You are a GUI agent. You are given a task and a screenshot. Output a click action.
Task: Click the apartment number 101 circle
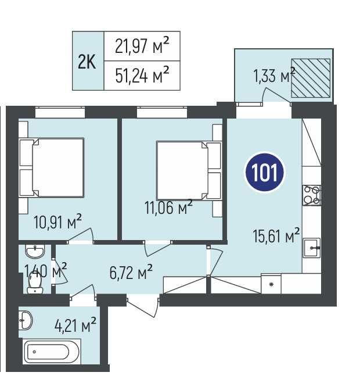point(265,172)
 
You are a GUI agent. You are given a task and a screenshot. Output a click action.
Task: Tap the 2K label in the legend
point(87,62)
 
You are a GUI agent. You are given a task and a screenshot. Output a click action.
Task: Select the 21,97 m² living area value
point(142,46)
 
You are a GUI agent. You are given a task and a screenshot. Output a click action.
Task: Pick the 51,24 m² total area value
point(142,75)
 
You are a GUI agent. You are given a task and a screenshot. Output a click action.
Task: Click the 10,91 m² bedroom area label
point(57,221)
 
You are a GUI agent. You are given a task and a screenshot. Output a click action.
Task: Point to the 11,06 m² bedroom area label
point(168,207)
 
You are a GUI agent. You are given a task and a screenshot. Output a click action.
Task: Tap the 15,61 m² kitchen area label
point(276,235)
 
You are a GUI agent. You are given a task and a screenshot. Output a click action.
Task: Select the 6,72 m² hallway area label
point(131,272)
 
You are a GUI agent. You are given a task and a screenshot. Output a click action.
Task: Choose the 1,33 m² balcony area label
point(275,75)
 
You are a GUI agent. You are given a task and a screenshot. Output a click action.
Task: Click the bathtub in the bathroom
point(52,352)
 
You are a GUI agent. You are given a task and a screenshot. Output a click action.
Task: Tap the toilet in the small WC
point(35,283)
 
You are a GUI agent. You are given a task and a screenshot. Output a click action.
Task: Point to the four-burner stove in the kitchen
point(311,195)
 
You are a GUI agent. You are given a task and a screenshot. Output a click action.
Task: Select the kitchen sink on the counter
point(312,248)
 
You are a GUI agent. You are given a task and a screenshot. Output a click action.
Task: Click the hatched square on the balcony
point(311,78)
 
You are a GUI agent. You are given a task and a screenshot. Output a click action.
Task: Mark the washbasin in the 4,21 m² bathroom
point(26,320)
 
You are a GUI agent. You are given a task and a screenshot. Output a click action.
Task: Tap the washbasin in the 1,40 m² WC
point(35,252)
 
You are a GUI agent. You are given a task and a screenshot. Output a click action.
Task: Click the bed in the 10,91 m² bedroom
point(52,167)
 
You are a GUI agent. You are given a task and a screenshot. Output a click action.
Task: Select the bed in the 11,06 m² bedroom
point(189,170)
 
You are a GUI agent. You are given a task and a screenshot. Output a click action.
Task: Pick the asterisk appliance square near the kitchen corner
point(271,284)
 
